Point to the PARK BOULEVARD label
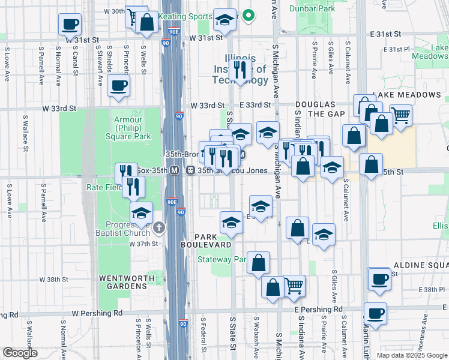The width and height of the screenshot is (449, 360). (207, 241)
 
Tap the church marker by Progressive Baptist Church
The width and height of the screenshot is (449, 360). (158, 227)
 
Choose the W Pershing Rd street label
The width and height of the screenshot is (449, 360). (97, 313)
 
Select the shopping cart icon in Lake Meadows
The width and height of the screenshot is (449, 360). (401, 115)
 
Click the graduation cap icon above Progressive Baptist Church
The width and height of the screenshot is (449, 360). (141, 213)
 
